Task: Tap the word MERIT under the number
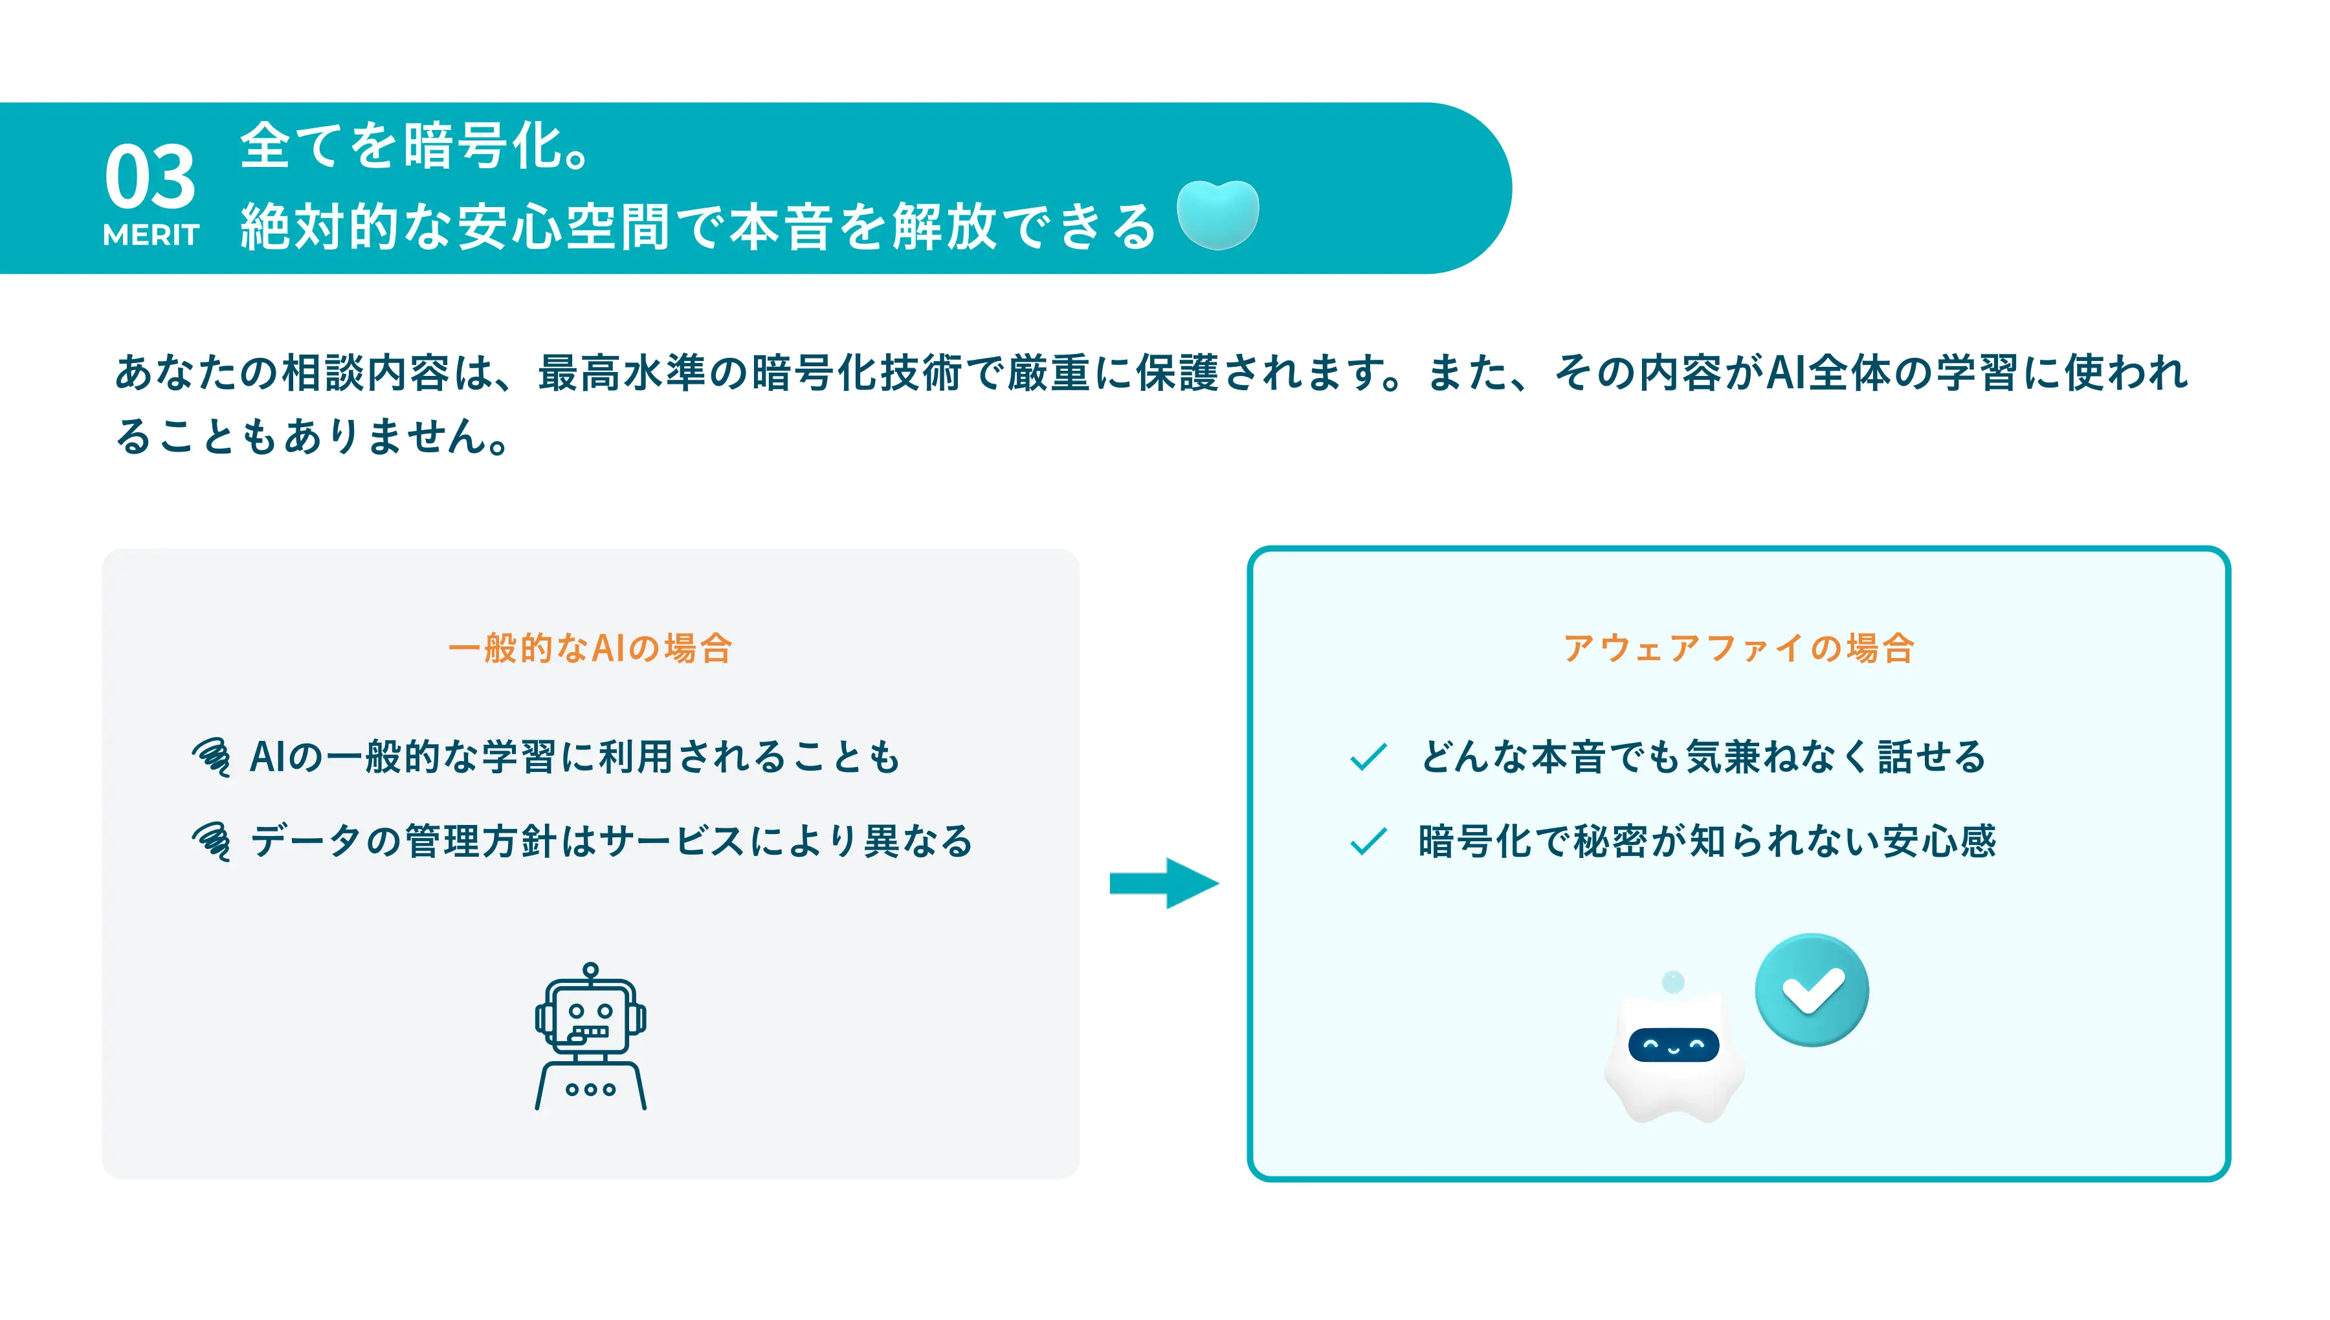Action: click(151, 235)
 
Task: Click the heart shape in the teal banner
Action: click(1217, 215)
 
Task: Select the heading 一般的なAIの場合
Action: click(590, 648)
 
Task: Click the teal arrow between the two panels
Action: click(1164, 883)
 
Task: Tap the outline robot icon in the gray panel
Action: click(590, 1036)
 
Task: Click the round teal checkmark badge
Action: click(1812, 989)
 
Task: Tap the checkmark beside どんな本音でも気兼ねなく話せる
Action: click(1368, 756)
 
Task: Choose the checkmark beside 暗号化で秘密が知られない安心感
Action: click(1368, 841)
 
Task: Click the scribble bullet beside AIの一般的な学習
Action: click(211, 757)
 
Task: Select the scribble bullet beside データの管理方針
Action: click(211, 841)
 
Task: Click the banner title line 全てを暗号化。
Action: click(416, 146)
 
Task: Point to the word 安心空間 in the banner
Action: click(563, 226)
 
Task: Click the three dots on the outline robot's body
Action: click(590, 1089)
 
